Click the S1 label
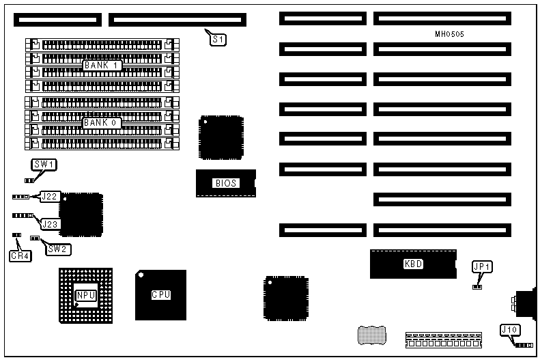pyautogui.click(x=218, y=40)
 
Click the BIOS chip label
pyautogui.click(x=225, y=183)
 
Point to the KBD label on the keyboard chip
pyautogui.click(x=414, y=264)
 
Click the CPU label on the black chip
pyautogui.click(x=160, y=294)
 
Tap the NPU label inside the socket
pyautogui.click(x=85, y=295)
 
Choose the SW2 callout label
pyautogui.click(x=59, y=249)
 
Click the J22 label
pyautogui.click(x=49, y=197)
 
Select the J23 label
pyautogui.click(x=50, y=223)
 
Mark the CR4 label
pyautogui.click(x=19, y=256)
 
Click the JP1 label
pyautogui.click(x=482, y=266)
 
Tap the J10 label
pyautogui.click(x=510, y=330)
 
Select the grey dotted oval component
pyautogui.click(x=371, y=335)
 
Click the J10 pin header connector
pyautogui.click(x=524, y=346)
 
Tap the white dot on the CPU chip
pyautogui.click(x=141, y=275)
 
